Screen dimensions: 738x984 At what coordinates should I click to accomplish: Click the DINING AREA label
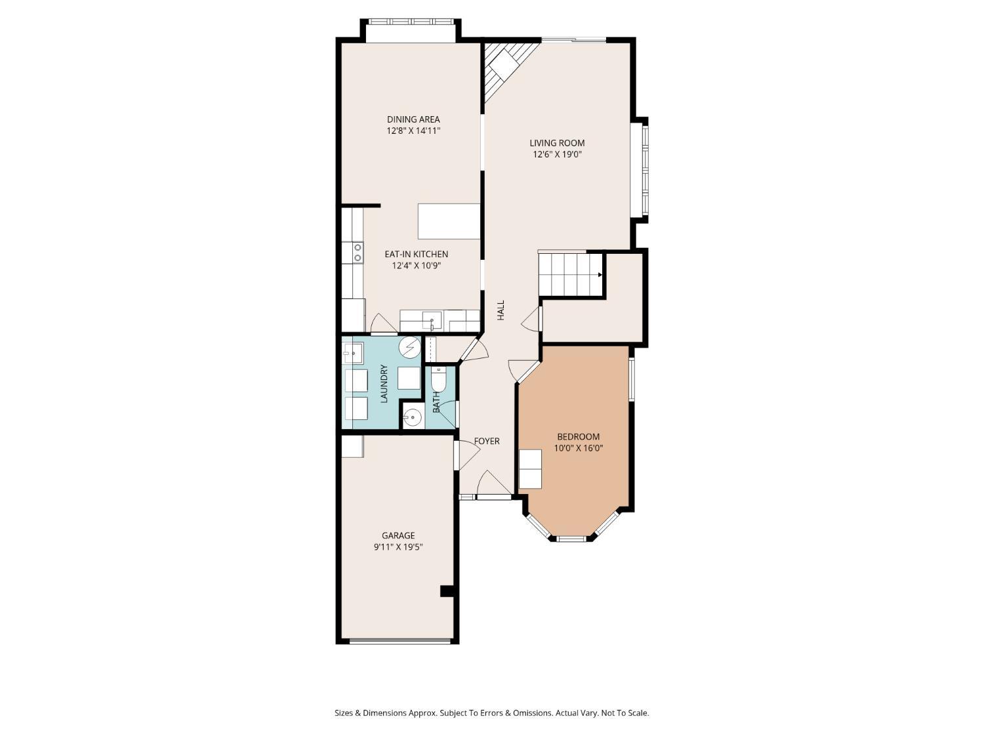[413, 119]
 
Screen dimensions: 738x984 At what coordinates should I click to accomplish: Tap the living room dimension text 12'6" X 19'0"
[557, 155]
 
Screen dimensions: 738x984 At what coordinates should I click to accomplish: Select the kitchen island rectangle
[449, 221]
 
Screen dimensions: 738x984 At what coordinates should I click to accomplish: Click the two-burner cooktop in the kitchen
[358, 253]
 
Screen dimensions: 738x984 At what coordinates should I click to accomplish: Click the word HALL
[501, 310]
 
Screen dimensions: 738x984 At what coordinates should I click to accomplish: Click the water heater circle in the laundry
[411, 346]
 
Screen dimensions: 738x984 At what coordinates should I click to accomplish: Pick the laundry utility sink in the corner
[352, 353]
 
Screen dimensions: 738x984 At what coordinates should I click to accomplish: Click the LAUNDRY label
[384, 384]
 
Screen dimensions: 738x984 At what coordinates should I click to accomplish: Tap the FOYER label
[487, 441]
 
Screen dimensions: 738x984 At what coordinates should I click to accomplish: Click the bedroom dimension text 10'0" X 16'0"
[578, 449]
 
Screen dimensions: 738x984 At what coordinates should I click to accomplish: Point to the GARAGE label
[398, 535]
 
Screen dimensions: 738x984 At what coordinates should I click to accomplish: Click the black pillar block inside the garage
[447, 590]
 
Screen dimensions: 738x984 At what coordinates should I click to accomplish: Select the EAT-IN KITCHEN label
[416, 255]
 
